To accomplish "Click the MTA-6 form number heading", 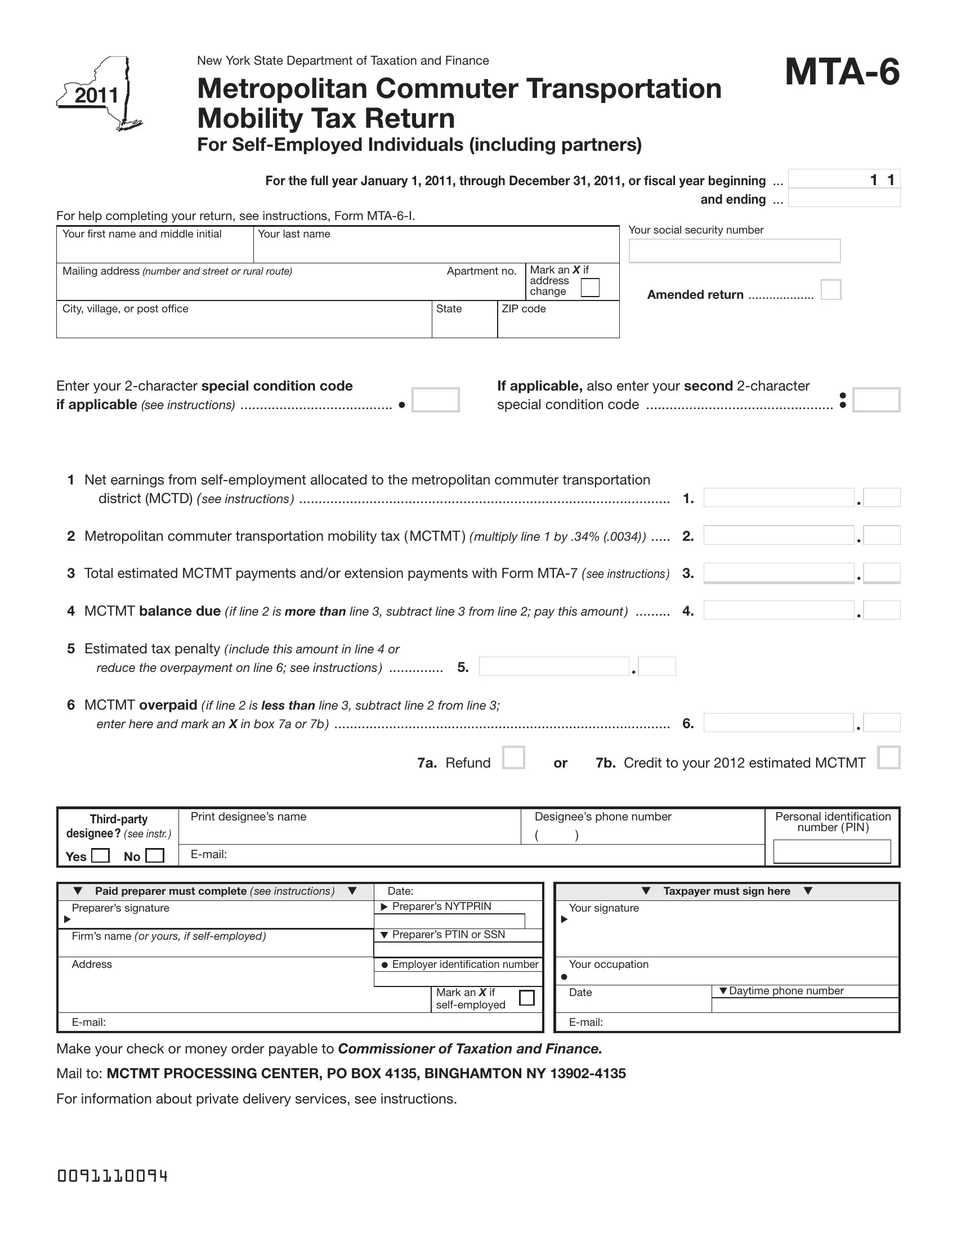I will pos(842,73).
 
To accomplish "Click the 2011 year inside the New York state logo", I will pos(96,95).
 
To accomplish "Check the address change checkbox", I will pos(590,288).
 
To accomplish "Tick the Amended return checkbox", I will pos(830,290).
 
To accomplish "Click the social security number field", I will pos(734,250).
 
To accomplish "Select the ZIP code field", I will pos(558,325).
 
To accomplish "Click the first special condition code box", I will pos(435,400).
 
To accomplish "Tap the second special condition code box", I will pos(876,400).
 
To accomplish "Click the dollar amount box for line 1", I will pos(779,497).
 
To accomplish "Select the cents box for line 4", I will pos(882,611).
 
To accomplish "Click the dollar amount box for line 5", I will pos(554,667).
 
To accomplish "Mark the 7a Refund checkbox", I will pos(513,758).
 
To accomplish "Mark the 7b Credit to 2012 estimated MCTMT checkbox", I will pos(888,758).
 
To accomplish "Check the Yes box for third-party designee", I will pos(100,855).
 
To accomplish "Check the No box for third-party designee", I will pos(155,855).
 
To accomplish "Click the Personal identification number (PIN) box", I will pos(831,851).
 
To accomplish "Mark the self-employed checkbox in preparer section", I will pos(527,998).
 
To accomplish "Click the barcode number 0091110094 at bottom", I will pos(112,1176).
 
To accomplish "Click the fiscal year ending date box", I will pos(844,199).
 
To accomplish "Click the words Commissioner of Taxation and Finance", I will pos(469,1049).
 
